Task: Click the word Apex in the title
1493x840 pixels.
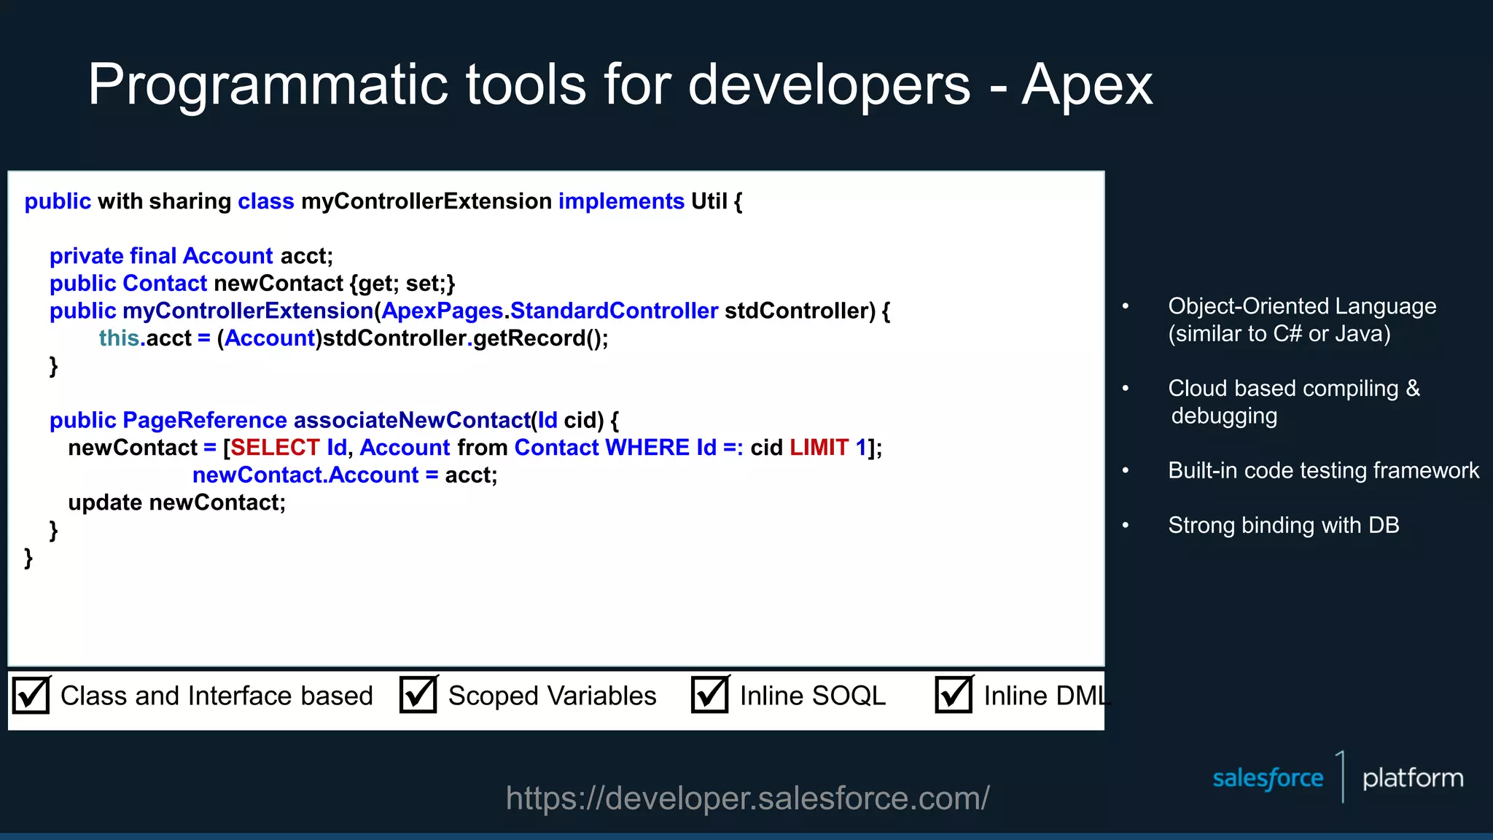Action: [1086, 85]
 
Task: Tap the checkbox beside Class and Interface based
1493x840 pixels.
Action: [31, 695]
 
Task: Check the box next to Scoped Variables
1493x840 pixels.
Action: [418, 695]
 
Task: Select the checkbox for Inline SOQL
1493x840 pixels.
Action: [710, 695]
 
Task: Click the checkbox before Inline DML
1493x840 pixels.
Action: [954, 695]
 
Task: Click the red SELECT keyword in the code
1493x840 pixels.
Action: [275, 447]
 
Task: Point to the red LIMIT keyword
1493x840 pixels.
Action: [819, 447]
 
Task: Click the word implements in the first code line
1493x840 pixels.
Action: [621, 201]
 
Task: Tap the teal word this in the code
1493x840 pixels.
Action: [119, 338]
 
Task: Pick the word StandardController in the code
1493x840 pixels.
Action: [614, 311]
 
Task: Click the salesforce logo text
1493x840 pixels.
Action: [1267, 778]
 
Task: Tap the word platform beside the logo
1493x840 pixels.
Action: [1412, 778]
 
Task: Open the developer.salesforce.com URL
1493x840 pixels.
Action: [747, 798]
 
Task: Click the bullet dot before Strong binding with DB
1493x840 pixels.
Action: [1126, 525]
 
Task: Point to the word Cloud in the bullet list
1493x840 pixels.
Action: [1196, 389]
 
